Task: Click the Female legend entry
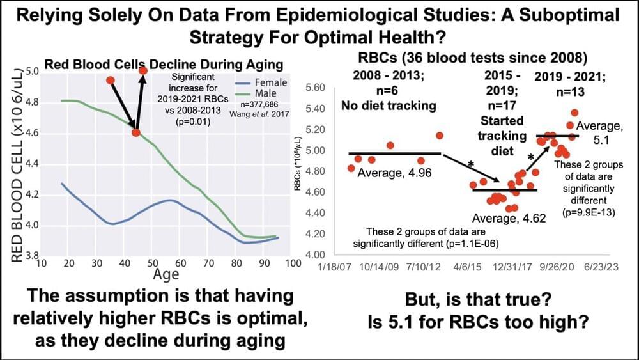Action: point(271,82)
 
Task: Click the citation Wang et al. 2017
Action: point(262,113)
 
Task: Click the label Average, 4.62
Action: point(504,219)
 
